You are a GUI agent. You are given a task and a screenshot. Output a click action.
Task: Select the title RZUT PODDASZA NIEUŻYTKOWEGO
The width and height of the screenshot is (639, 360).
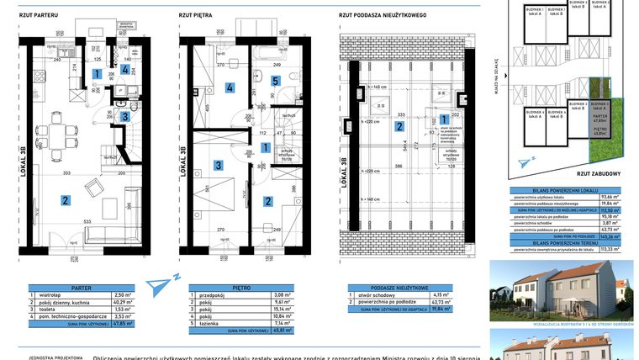[x=382, y=15]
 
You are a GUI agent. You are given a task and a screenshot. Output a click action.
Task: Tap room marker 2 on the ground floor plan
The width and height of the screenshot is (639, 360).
[x=64, y=200]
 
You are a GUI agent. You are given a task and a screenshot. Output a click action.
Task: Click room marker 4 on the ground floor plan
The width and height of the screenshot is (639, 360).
[x=124, y=71]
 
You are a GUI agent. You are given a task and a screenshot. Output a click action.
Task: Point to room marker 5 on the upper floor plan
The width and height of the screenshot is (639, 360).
[x=275, y=81]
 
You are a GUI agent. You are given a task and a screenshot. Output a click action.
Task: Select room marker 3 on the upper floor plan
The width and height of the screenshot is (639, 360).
[x=217, y=167]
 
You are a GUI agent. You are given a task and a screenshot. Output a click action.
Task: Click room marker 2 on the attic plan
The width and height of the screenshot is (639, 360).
[x=399, y=127]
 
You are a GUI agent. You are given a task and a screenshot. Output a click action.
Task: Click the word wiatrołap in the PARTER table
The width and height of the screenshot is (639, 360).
[x=54, y=295]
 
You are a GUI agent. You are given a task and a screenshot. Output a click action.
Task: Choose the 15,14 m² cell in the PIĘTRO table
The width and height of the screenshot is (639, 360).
[x=283, y=309]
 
